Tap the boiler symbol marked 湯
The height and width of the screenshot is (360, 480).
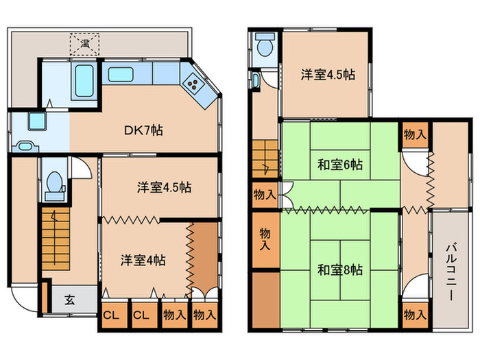point(85,44)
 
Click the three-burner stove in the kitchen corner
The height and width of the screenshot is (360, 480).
point(193,86)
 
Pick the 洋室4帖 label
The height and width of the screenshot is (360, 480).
point(143,261)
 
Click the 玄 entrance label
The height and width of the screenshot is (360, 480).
point(70,300)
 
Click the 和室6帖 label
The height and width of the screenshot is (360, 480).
point(339,165)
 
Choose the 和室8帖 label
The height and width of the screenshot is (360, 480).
point(339,269)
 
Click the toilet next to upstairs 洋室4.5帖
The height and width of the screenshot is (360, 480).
point(264,47)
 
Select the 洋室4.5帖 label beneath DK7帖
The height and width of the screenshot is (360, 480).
point(163,187)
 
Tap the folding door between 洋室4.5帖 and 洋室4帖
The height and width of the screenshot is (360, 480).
point(130,220)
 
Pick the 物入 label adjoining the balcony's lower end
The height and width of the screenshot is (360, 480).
point(414,315)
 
